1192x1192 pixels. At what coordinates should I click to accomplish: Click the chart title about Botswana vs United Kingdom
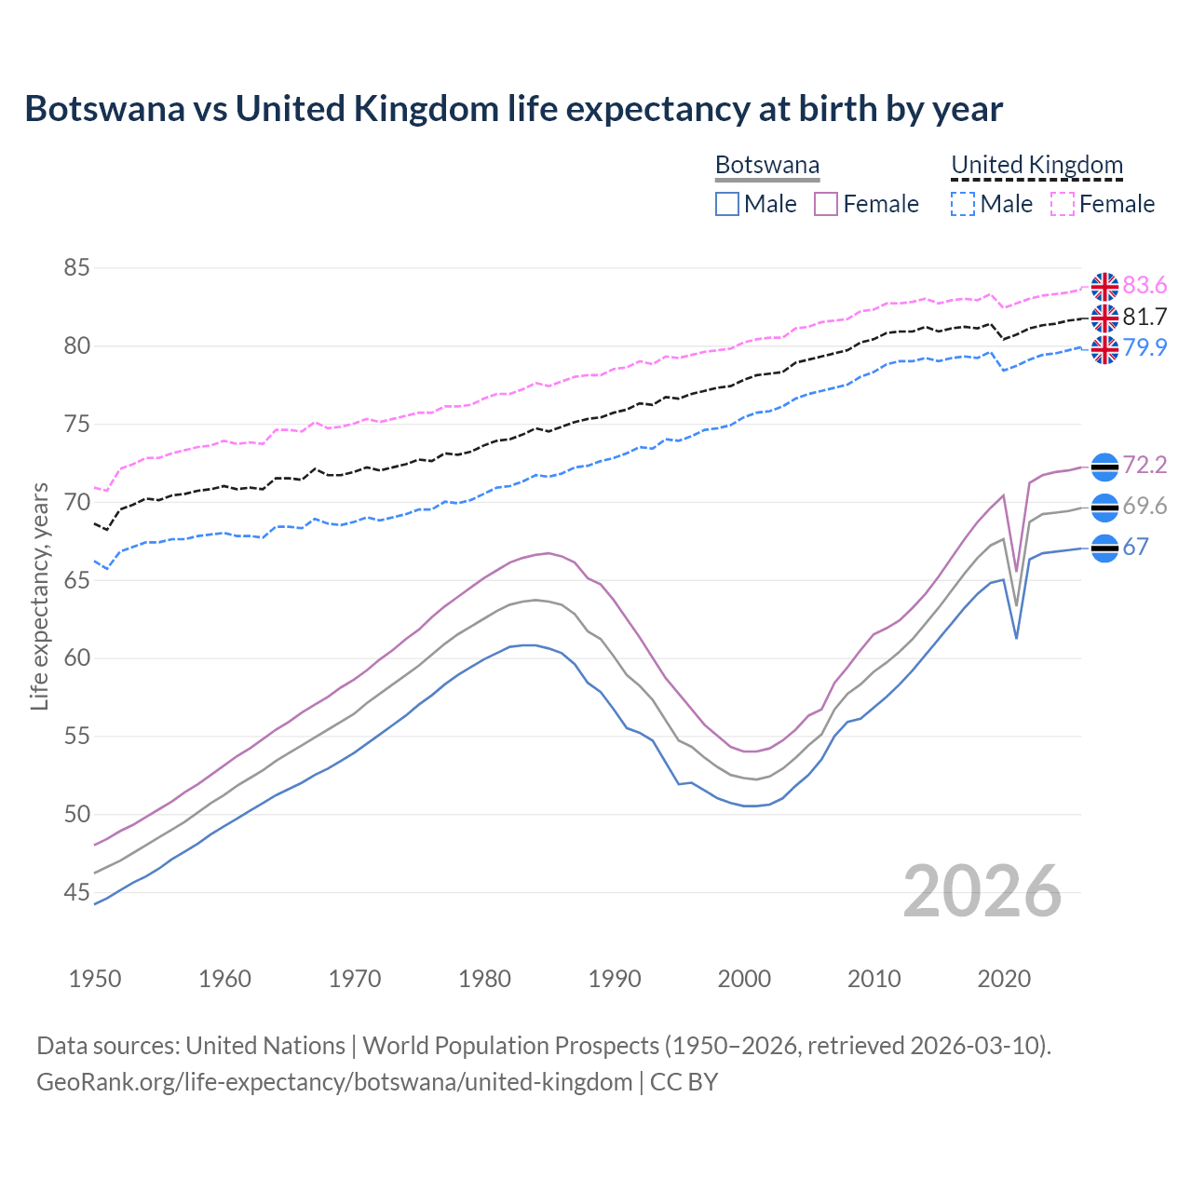coord(513,109)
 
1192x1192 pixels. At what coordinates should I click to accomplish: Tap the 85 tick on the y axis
coord(76,268)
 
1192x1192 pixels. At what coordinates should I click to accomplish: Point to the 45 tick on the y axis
coord(76,893)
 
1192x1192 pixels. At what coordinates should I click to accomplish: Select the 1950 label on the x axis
coord(95,979)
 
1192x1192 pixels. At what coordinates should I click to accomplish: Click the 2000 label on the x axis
coord(744,979)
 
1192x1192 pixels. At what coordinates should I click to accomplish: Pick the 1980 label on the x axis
coord(484,979)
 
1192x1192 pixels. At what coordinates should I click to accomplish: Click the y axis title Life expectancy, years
coord(39,596)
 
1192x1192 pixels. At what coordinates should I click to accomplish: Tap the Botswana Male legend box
coord(727,204)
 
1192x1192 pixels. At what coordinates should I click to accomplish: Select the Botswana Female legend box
coord(826,204)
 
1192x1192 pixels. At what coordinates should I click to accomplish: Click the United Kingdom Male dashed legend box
coord(963,204)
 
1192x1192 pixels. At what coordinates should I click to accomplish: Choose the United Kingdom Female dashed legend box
coord(1062,204)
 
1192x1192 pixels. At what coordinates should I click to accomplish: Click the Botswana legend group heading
coord(767,166)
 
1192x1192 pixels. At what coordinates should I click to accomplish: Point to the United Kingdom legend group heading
coord(1036,166)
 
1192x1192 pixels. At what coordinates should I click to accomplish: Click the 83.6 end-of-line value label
coord(1145,285)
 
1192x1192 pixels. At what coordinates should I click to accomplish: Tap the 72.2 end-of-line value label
coord(1145,465)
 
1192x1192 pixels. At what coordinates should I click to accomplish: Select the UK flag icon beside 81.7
coord(1104,318)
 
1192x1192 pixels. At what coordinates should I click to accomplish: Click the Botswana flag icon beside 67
coord(1104,548)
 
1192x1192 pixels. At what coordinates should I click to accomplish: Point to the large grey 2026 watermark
coord(982,891)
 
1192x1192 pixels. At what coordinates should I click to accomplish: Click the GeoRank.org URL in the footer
coord(334,1082)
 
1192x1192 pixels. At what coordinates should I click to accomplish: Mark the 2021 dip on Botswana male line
coord(1016,638)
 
